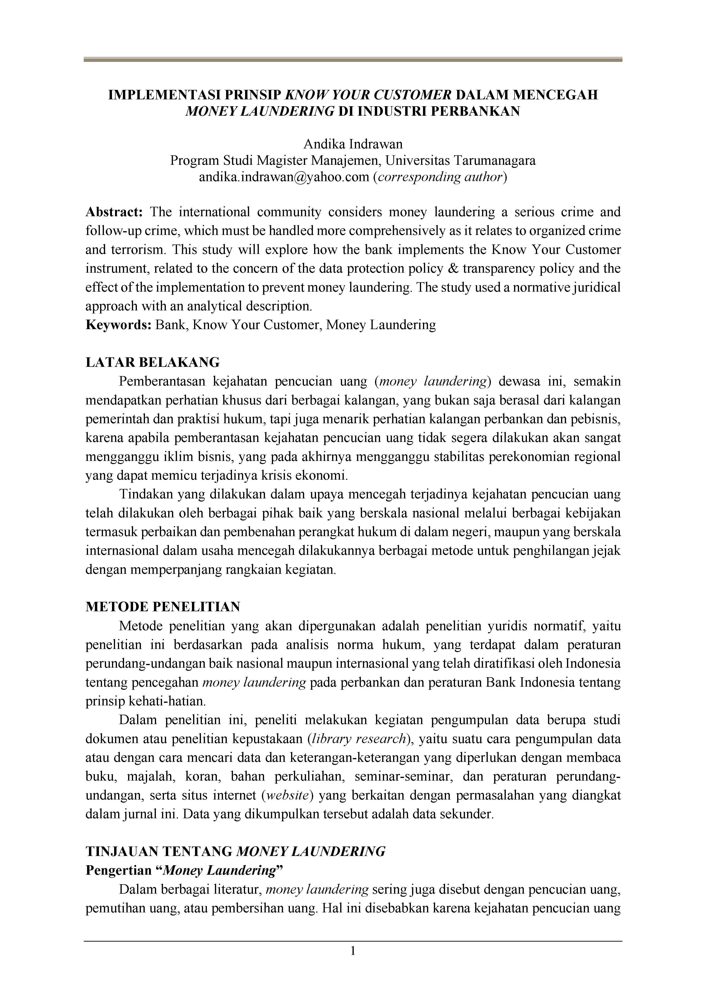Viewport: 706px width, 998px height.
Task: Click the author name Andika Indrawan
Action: (353, 144)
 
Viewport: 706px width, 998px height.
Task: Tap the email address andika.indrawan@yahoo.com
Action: (284, 177)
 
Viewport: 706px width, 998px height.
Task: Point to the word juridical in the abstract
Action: (593, 287)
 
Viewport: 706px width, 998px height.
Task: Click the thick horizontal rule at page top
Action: (353, 60)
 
